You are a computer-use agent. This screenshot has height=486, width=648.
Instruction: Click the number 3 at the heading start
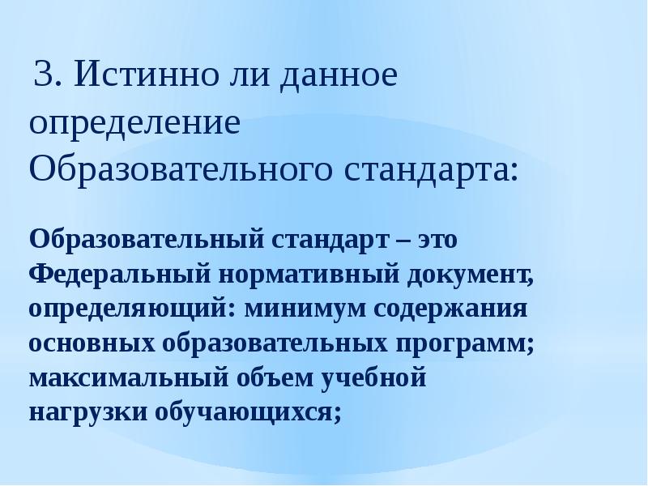(x=45, y=79)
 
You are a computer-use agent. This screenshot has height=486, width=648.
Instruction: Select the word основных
(x=92, y=343)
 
